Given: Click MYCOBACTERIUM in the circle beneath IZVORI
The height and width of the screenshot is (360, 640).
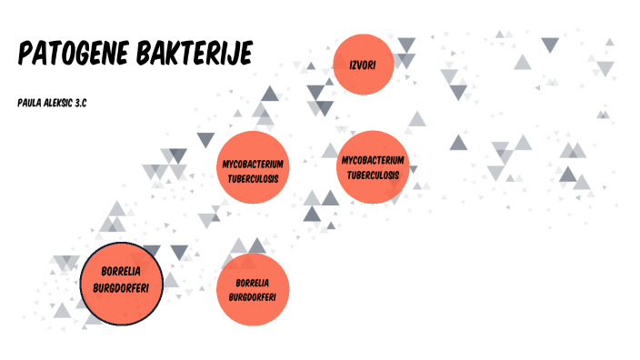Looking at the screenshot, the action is click(x=373, y=160).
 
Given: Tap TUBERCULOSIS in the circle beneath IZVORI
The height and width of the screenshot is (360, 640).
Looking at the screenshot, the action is click(x=373, y=174).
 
